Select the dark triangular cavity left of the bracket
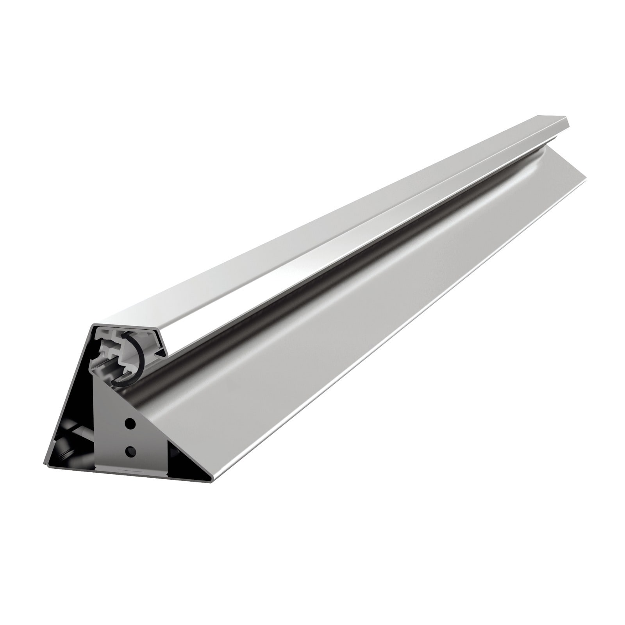pos(70,441)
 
